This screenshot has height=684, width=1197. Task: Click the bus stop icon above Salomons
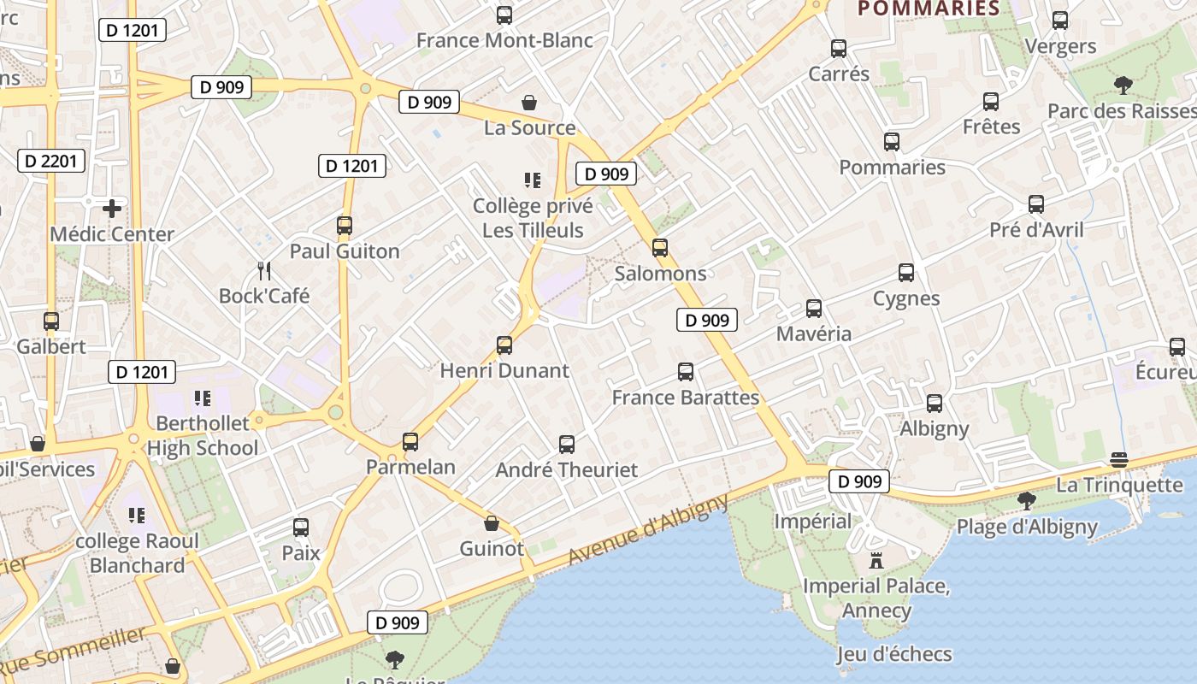coord(660,248)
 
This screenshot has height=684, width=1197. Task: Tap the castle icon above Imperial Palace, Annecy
coord(876,562)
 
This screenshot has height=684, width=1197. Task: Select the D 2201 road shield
coord(51,161)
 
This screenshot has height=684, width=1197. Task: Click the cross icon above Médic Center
coord(112,208)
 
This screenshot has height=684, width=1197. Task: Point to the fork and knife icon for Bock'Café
coord(264,271)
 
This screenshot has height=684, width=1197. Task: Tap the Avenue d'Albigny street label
coord(648,530)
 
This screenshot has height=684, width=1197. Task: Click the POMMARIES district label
coord(929,9)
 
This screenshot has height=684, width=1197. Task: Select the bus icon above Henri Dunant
coord(504,345)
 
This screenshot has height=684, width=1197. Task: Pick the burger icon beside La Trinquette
coord(1118,459)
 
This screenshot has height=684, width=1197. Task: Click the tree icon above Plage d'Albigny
coord(1026,501)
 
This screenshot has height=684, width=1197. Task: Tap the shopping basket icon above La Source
coord(530,103)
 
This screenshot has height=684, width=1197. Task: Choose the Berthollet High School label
coord(203,435)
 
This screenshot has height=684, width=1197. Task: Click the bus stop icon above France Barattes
coord(686,372)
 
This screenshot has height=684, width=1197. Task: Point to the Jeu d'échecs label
coord(894,654)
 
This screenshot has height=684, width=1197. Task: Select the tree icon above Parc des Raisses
coord(1123,85)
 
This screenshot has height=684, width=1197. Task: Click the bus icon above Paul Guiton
coord(345,226)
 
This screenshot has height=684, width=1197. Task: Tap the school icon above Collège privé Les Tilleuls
coord(533,180)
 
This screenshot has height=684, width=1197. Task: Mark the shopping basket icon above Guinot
coord(492,523)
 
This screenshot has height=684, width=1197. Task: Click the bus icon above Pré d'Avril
coord(1036,204)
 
